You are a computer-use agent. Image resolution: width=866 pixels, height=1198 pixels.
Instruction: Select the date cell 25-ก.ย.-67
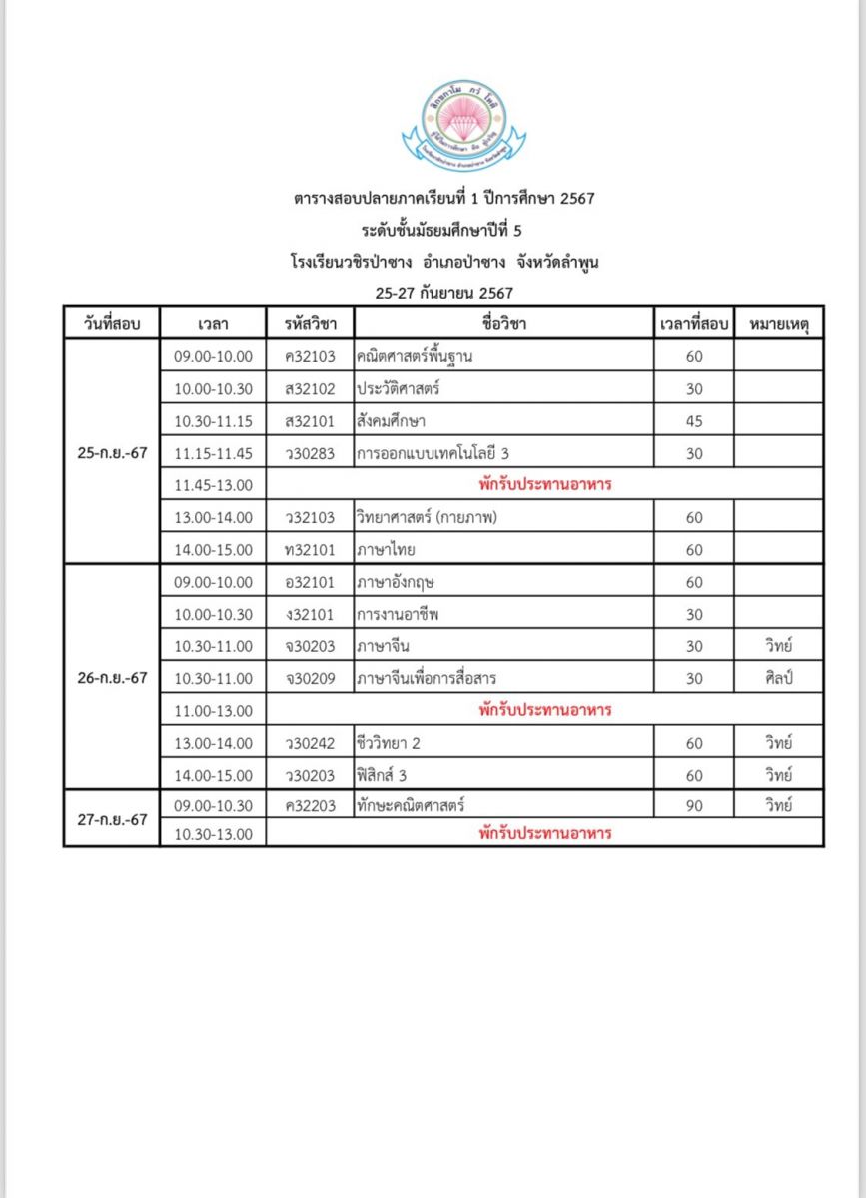tap(112, 452)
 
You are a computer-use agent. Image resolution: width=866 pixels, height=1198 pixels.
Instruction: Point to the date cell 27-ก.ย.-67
tap(112, 819)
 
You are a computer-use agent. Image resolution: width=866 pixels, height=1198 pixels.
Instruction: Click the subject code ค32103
tap(310, 356)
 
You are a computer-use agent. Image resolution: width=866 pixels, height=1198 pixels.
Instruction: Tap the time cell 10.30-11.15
tap(214, 421)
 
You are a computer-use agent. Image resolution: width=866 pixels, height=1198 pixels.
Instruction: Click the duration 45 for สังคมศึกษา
tap(694, 421)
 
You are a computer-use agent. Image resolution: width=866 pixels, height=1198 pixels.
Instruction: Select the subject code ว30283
tap(310, 453)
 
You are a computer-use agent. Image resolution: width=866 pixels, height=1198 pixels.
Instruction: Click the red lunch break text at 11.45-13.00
tap(544, 485)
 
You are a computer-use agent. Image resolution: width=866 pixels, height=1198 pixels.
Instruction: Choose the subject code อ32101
tap(310, 581)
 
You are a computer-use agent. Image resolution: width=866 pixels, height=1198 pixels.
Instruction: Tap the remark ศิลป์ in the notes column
tap(777, 678)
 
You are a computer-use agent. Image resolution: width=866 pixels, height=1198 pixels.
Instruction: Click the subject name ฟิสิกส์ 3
tap(382, 775)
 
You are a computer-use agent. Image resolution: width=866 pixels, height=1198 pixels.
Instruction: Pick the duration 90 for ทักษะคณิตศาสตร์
tap(694, 805)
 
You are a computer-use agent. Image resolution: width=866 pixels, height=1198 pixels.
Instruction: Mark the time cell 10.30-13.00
tap(214, 834)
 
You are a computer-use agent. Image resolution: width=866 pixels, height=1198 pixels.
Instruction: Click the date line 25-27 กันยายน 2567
tap(443, 293)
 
